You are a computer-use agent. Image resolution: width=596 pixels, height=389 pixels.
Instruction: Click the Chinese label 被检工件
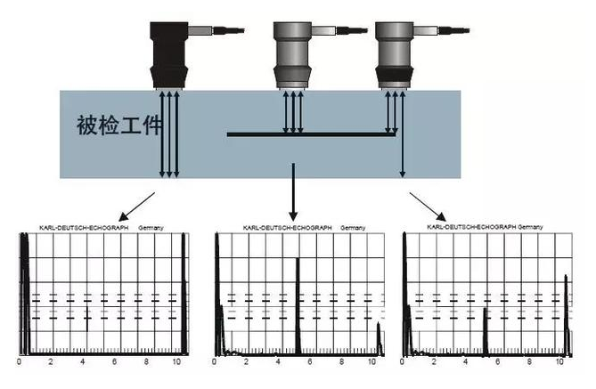point(118,125)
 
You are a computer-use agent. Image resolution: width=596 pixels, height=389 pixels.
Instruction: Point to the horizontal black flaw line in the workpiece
point(312,135)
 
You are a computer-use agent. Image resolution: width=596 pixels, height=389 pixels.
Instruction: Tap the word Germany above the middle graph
point(352,229)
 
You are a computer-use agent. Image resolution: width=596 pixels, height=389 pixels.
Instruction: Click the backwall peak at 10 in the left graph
point(183,294)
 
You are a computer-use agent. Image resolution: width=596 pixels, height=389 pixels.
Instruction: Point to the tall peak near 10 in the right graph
point(567,312)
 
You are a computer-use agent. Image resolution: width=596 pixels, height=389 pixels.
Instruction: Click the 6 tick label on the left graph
point(115,363)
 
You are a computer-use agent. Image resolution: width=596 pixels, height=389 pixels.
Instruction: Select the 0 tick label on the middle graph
point(215,363)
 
